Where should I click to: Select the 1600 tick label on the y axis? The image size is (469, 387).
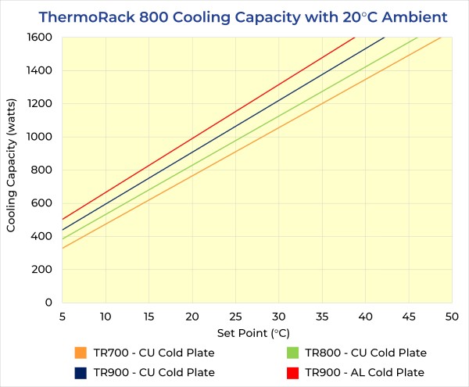tap(38, 38)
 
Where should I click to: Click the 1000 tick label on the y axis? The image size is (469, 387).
tap(38, 137)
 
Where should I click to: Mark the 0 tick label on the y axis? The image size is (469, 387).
tap(48, 303)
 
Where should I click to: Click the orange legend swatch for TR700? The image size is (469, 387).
tap(81, 353)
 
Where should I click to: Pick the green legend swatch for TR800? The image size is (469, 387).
tap(293, 353)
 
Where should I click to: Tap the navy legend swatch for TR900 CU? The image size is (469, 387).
tap(81, 372)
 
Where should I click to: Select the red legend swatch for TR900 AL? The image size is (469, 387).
tap(293, 372)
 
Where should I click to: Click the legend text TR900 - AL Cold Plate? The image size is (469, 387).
tap(365, 372)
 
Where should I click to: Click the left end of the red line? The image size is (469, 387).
tap(62, 219)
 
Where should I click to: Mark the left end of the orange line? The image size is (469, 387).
tap(62, 248)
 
